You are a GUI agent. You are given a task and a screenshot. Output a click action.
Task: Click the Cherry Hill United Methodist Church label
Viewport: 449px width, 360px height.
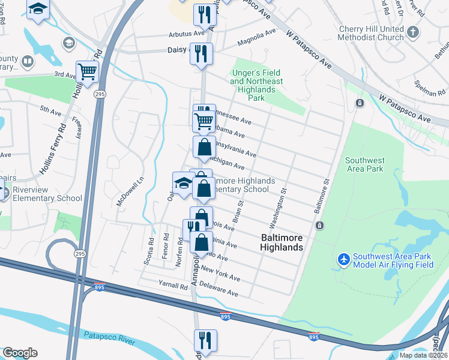pos(371,33)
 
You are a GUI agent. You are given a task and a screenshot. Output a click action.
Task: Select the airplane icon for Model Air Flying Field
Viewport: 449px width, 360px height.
pos(343,260)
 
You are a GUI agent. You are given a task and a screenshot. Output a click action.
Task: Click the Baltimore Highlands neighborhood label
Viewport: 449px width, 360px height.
pos(282,242)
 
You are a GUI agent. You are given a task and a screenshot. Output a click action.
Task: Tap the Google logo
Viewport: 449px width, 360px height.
pos(20,353)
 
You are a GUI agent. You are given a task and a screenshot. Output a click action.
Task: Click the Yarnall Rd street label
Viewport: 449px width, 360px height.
pos(173,286)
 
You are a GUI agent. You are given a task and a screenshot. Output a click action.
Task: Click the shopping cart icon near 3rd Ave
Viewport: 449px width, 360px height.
pos(87,72)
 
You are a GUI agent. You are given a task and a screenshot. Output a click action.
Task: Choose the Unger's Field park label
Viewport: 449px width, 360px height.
pos(256,85)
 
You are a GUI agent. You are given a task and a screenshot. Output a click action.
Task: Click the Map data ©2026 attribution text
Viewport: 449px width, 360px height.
pos(423,355)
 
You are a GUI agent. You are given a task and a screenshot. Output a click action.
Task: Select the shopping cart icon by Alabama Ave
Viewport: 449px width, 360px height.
pos(204,122)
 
